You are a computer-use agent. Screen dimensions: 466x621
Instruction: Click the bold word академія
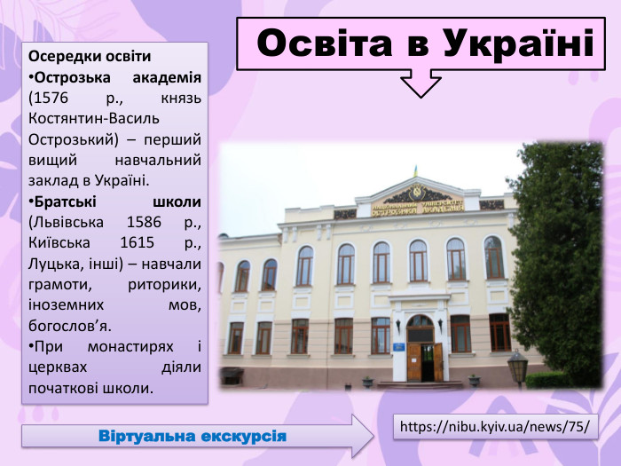click(163, 77)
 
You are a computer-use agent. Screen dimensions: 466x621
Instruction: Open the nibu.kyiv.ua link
click(495, 426)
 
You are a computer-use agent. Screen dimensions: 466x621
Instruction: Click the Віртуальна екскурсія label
click(193, 437)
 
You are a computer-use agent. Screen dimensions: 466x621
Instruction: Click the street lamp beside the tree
click(517, 363)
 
